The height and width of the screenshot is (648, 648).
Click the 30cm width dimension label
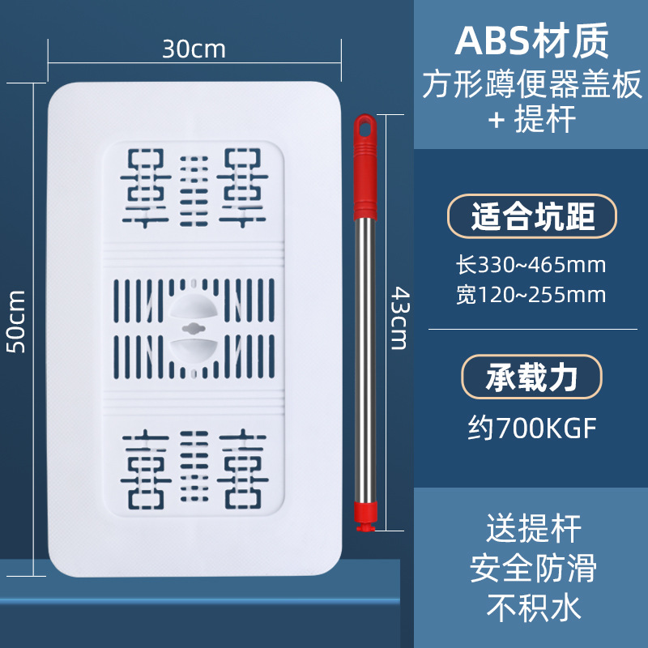pos(194,49)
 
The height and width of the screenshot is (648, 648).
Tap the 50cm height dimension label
pos(17,322)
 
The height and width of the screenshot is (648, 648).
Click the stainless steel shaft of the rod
pos(367,356)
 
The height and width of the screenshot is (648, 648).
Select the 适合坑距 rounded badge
pos(532,216)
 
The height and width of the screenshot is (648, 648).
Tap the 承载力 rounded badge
pos(532,377)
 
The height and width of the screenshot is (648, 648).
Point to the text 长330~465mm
pos(531,264)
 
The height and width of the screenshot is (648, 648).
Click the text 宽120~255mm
pos(531,295)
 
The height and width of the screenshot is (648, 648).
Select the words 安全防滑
pos(533,569)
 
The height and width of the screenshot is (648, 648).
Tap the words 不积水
pos(533,608)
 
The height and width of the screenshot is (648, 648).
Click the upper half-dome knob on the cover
pos(194,307)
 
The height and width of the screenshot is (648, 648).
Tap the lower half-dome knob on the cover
pos(194,350)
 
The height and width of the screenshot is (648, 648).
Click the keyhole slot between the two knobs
pos(194,328)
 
